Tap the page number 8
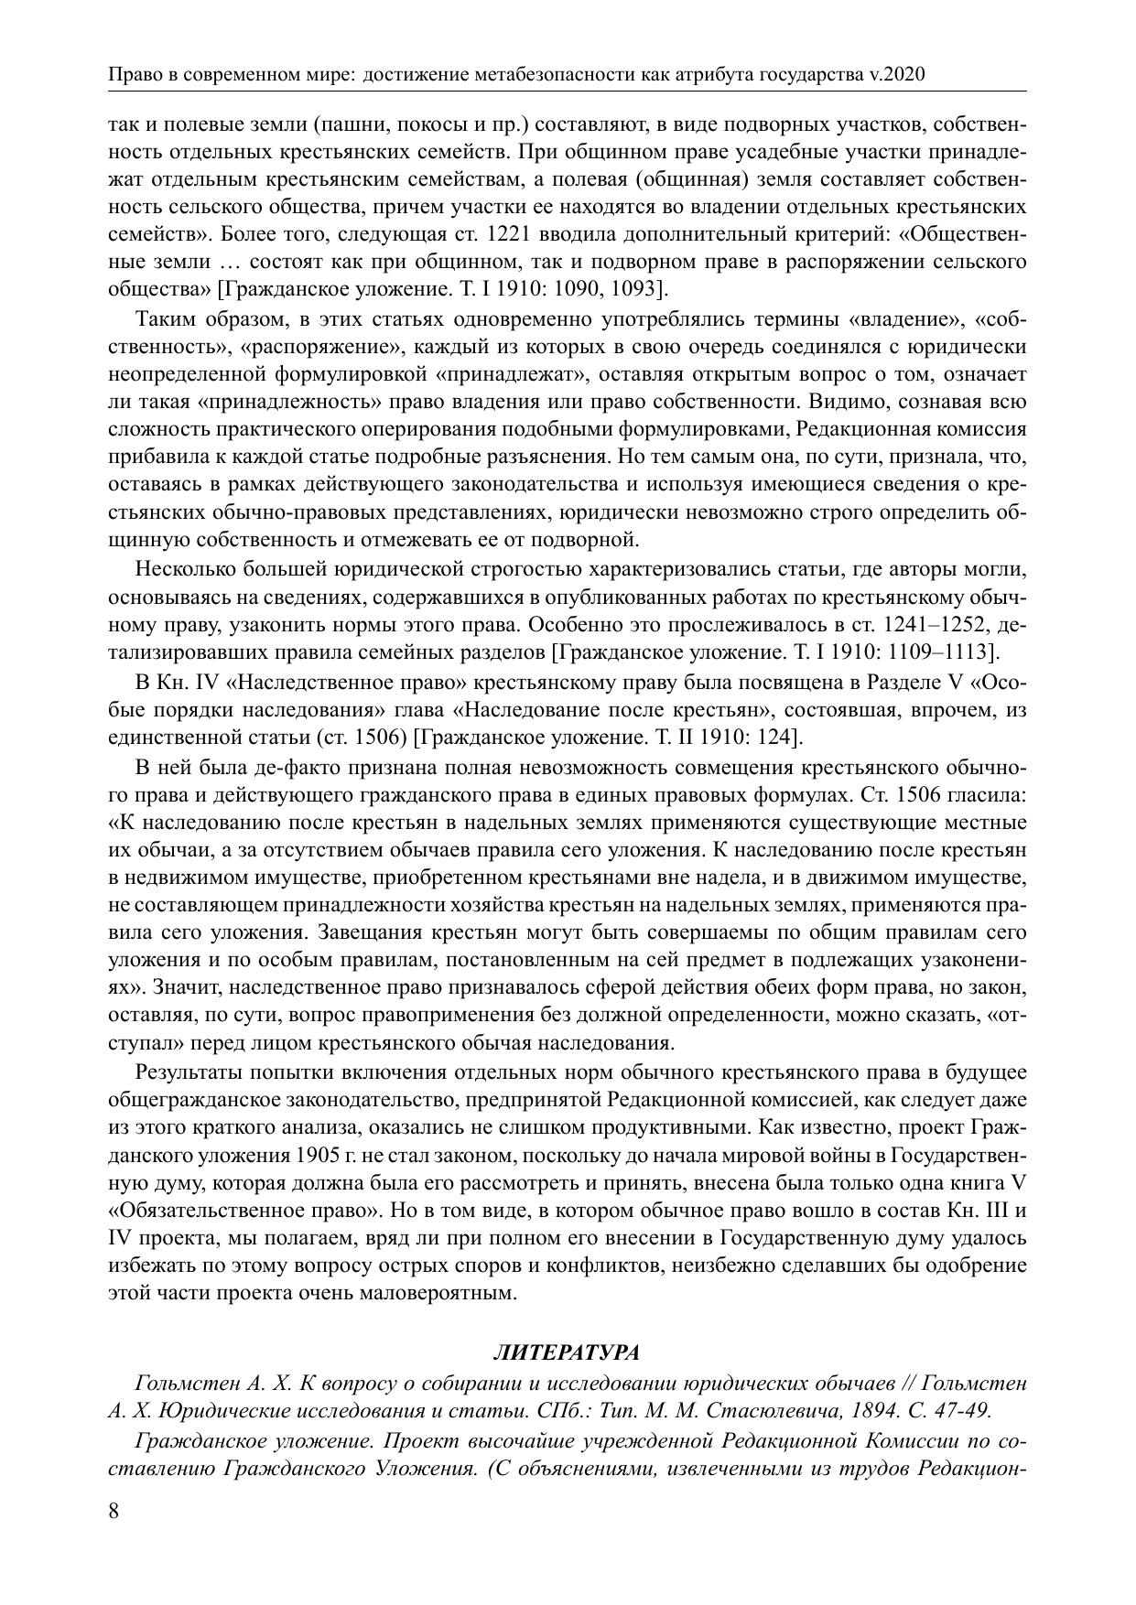(114, 1511)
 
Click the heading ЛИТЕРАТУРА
(567, 1352)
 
